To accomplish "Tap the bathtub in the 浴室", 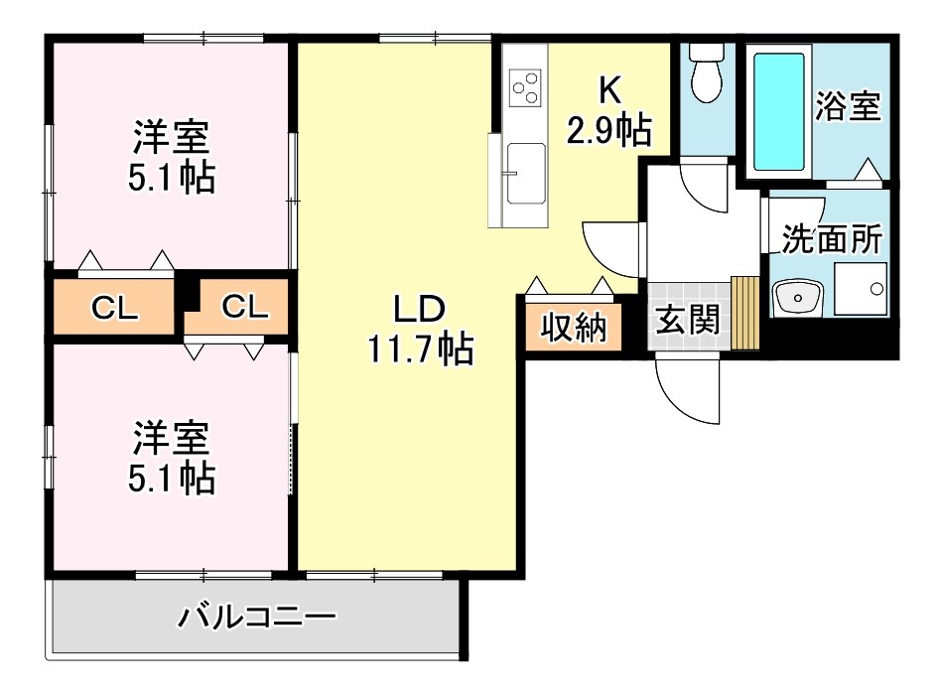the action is coord(778,112).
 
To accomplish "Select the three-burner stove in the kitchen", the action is coord(525,88).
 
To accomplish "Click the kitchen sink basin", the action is coord(526,174).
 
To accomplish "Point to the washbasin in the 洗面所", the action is coord(797,297).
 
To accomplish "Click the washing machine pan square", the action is coord(861,289).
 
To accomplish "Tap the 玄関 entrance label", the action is coord(687,320).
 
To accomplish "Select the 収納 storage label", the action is coord(573,328).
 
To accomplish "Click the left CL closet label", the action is coord(114,309).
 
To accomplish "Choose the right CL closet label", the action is coord(244,307).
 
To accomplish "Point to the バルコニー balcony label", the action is coord(257,617).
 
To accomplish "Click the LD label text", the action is coord(419,310).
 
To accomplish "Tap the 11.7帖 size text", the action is coord(421,348).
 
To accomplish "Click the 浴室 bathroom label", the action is coord(849,106).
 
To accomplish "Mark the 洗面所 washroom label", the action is coord(832,239).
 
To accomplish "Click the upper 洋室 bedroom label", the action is coord(171,137).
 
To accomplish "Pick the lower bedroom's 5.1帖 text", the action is coord(172,478).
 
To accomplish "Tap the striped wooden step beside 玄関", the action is coord(744,313).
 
